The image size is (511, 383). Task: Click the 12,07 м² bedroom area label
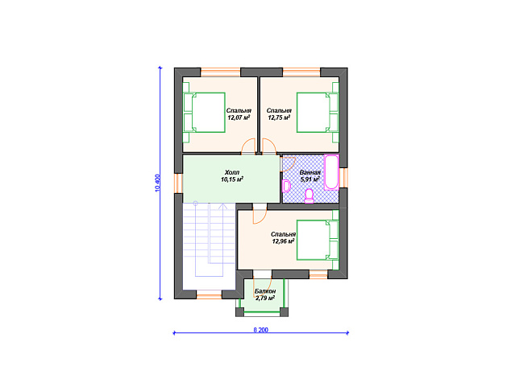point(239,114)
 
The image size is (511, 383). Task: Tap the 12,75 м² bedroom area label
point(279,114)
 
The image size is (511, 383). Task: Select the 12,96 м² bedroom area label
point(283,238)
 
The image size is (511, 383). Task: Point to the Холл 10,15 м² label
point(232,175)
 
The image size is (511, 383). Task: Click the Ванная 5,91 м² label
point(310,176)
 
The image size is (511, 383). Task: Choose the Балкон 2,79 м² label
point(265,294)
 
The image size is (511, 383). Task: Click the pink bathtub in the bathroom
point(331,172)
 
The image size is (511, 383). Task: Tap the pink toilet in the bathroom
point(309,196)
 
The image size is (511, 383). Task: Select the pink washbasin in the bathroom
point(286,186)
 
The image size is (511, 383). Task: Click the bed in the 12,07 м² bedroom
point(205,113)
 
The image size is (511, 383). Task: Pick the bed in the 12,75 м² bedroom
point(318,113)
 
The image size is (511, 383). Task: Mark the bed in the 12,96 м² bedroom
point(318,240)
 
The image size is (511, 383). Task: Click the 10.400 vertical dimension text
point(158,183)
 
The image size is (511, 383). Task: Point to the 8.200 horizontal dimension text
point(260,330)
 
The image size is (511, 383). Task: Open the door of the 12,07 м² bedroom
point(248,146)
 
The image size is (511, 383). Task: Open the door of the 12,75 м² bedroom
point(269,146)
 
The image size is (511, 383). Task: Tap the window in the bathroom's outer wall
point(343,178)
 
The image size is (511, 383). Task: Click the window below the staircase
point(210,296)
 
